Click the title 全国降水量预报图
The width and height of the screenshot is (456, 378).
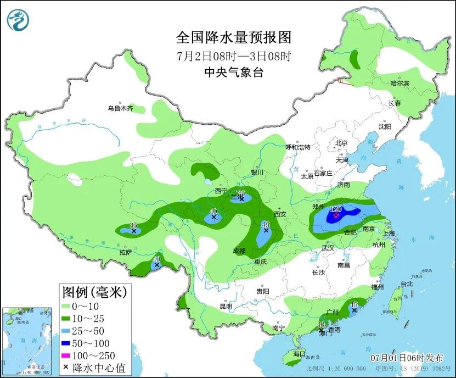(233, 37)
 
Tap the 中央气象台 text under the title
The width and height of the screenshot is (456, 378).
(233, 72)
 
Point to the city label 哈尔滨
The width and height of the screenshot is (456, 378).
(399, 83)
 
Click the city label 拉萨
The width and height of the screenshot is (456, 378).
(126, 252)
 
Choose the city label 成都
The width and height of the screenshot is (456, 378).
(238, 251)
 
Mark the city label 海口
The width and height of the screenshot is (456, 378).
(299, 354)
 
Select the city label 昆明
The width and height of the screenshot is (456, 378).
(226, 306)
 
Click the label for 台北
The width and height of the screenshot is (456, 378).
(406, 284)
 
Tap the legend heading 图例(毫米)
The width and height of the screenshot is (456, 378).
(94, 291)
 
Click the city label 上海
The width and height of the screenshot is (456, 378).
(389, 233)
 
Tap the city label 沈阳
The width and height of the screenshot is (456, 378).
(385, 126)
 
